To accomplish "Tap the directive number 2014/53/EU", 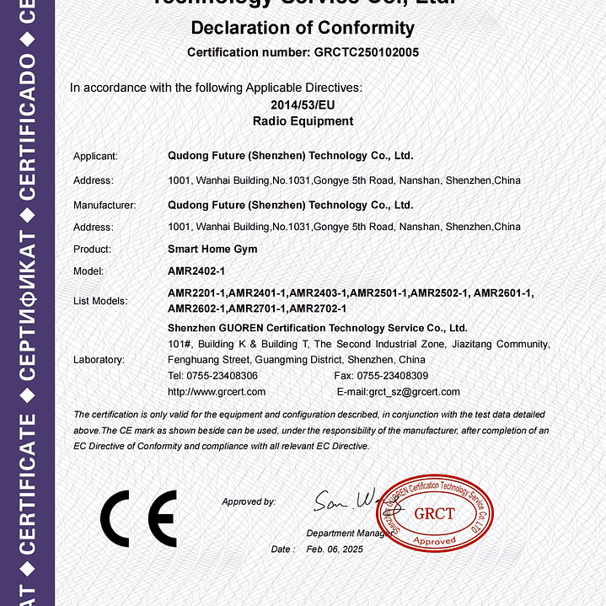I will coord(303,105).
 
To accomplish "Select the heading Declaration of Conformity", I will coord(303,27).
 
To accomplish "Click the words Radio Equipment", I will coord(303,121).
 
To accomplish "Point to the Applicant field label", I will coord(95,156).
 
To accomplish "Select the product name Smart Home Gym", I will coord(212,249).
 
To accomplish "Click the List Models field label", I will coord(100,301).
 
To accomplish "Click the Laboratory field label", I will coord(99,360).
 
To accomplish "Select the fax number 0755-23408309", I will coord(393,376).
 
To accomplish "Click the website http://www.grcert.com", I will coord(217,392).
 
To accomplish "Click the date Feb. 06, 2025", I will coord(334,550).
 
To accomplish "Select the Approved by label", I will coord(249,502).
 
